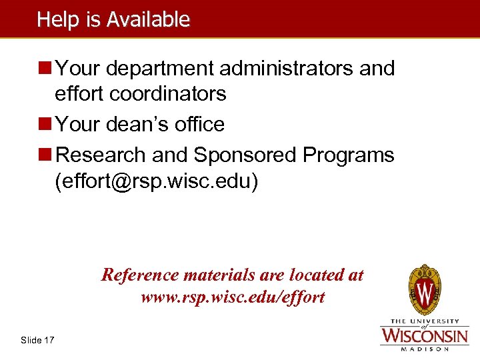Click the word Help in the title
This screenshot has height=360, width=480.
[53, 19]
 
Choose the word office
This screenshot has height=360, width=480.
[197, 124]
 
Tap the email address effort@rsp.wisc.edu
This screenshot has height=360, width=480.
[157, 181]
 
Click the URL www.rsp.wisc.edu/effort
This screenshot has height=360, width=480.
[233, 297]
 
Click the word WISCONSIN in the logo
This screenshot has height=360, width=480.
[424, 334]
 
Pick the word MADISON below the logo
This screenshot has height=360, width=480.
[424, 348]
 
